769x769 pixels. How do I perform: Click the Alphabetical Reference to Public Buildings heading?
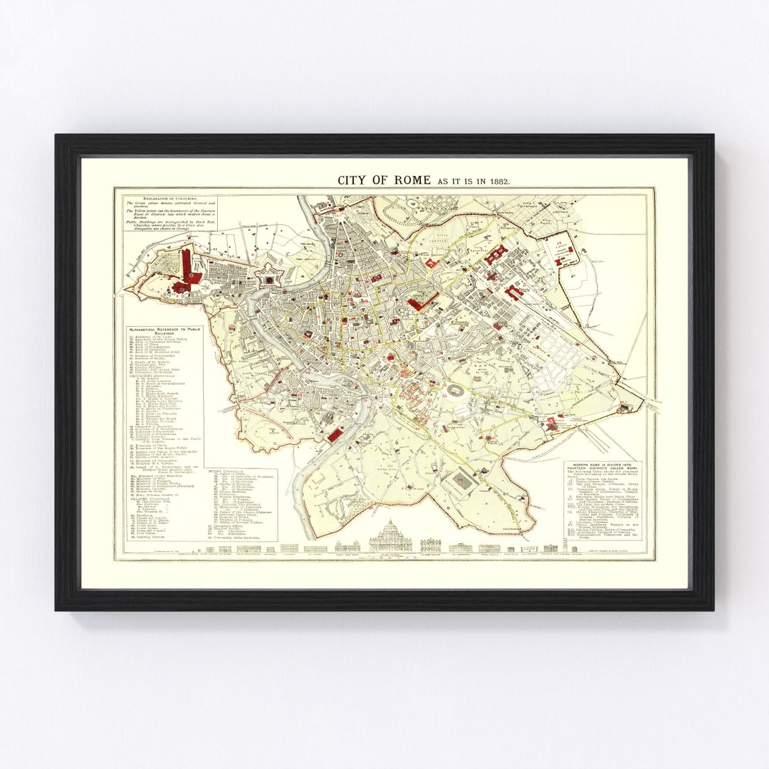click(x=166, y=331)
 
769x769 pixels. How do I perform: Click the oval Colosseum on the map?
click(x=454, y=390)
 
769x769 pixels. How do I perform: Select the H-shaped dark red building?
click(x=496, y=255)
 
